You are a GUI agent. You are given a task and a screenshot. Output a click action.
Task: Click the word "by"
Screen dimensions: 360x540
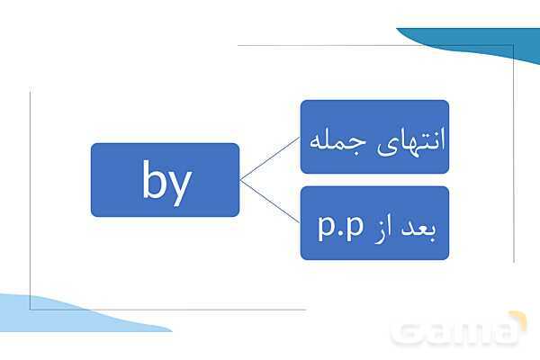click(x=166, y=181)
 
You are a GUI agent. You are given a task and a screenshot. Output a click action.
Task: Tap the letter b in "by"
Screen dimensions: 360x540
click(x=155, y=180)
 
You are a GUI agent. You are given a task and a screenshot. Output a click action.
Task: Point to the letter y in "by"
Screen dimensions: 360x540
click(x=179, y=184)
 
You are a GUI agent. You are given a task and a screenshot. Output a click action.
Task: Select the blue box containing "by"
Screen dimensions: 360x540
click(x=165, y=179)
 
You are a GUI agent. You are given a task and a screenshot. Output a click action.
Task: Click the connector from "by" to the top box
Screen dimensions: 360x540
click(x=270, y=157)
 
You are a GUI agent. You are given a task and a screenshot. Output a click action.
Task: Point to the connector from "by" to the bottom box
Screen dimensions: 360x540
click(x=270, y=201)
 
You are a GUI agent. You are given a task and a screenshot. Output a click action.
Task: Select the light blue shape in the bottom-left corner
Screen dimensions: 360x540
click(x=54, y=315)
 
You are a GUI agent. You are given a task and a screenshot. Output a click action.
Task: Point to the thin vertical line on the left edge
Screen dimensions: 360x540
click(x=31, y=198)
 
